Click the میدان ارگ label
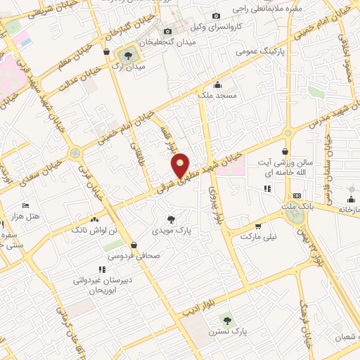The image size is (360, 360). (x=129, y=67)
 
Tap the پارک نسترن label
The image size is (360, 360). (x=229, y=330)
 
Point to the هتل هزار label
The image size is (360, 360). (x=27, y=216)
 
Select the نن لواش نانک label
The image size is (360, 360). (x=89, y=230)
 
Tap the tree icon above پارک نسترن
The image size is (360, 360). (x=226, y=319)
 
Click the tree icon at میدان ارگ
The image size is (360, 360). (x=129, y=54)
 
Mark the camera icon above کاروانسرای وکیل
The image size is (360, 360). (x=217, y=15)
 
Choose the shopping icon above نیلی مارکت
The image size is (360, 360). (x=258, y=226)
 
